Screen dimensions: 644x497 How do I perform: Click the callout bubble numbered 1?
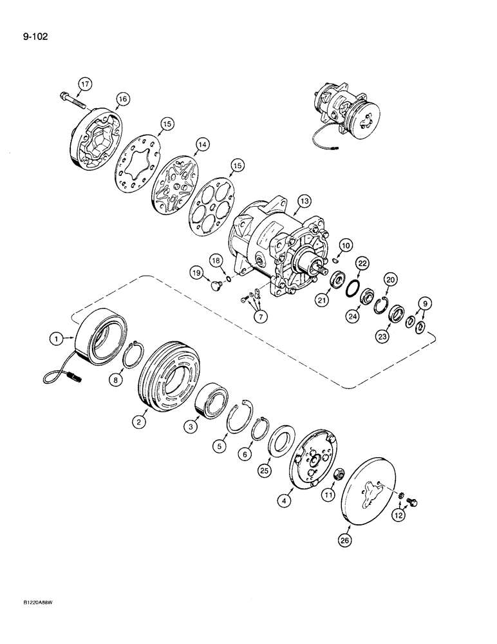(57, 336)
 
